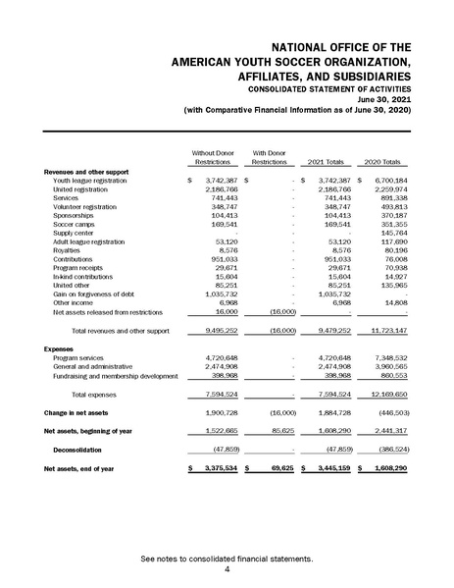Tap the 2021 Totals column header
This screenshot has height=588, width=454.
coord(327,162)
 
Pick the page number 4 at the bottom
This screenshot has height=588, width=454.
coord(227,568)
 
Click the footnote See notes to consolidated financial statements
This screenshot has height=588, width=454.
coord(227,558)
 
